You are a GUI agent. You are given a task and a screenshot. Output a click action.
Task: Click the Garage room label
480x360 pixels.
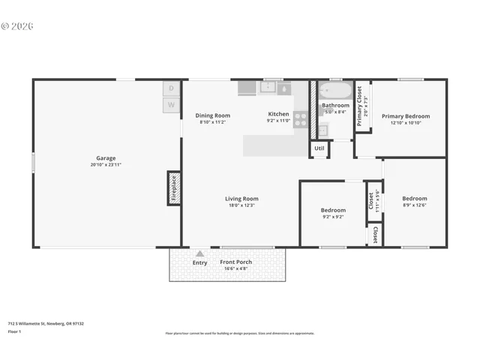(x=106, y=158)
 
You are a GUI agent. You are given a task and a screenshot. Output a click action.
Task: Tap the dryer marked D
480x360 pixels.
(x=171, y=88)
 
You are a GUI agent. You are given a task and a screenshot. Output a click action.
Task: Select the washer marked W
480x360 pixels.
(x=171, y=105)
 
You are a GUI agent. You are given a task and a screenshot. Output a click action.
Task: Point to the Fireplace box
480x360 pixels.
(x=173, y=187)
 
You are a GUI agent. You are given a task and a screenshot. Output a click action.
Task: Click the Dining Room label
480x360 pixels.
(x=213, y=115)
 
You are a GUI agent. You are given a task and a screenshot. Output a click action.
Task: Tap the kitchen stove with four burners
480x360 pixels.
(x=300, y=118)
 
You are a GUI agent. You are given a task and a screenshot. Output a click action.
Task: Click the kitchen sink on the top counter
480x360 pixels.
(x=268, y=88)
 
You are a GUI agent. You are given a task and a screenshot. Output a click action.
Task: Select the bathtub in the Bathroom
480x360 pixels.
(x=334, y=91)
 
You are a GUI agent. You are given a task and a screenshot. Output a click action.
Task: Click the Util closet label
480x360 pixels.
(x=319, y=148)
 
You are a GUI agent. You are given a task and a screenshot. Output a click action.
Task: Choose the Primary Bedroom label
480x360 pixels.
(x=406, y=116)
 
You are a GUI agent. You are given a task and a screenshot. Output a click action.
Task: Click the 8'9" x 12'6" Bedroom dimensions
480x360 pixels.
(x=415, y=205)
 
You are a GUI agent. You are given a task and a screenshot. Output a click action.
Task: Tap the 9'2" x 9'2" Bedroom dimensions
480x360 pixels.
(x=333, y=217)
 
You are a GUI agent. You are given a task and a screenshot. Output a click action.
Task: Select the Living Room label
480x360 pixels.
(x=241, y=199)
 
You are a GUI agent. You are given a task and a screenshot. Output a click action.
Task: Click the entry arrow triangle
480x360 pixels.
(x=199, y=254)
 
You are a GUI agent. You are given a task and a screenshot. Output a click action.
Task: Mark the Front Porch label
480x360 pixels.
(x=235, y=262)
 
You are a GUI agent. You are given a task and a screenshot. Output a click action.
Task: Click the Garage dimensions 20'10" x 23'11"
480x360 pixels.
(x=106, y=165)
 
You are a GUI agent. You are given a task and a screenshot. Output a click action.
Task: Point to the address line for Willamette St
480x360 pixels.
(x=46, y=323)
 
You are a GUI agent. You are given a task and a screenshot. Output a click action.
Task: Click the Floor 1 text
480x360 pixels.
(x=14, y=331)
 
